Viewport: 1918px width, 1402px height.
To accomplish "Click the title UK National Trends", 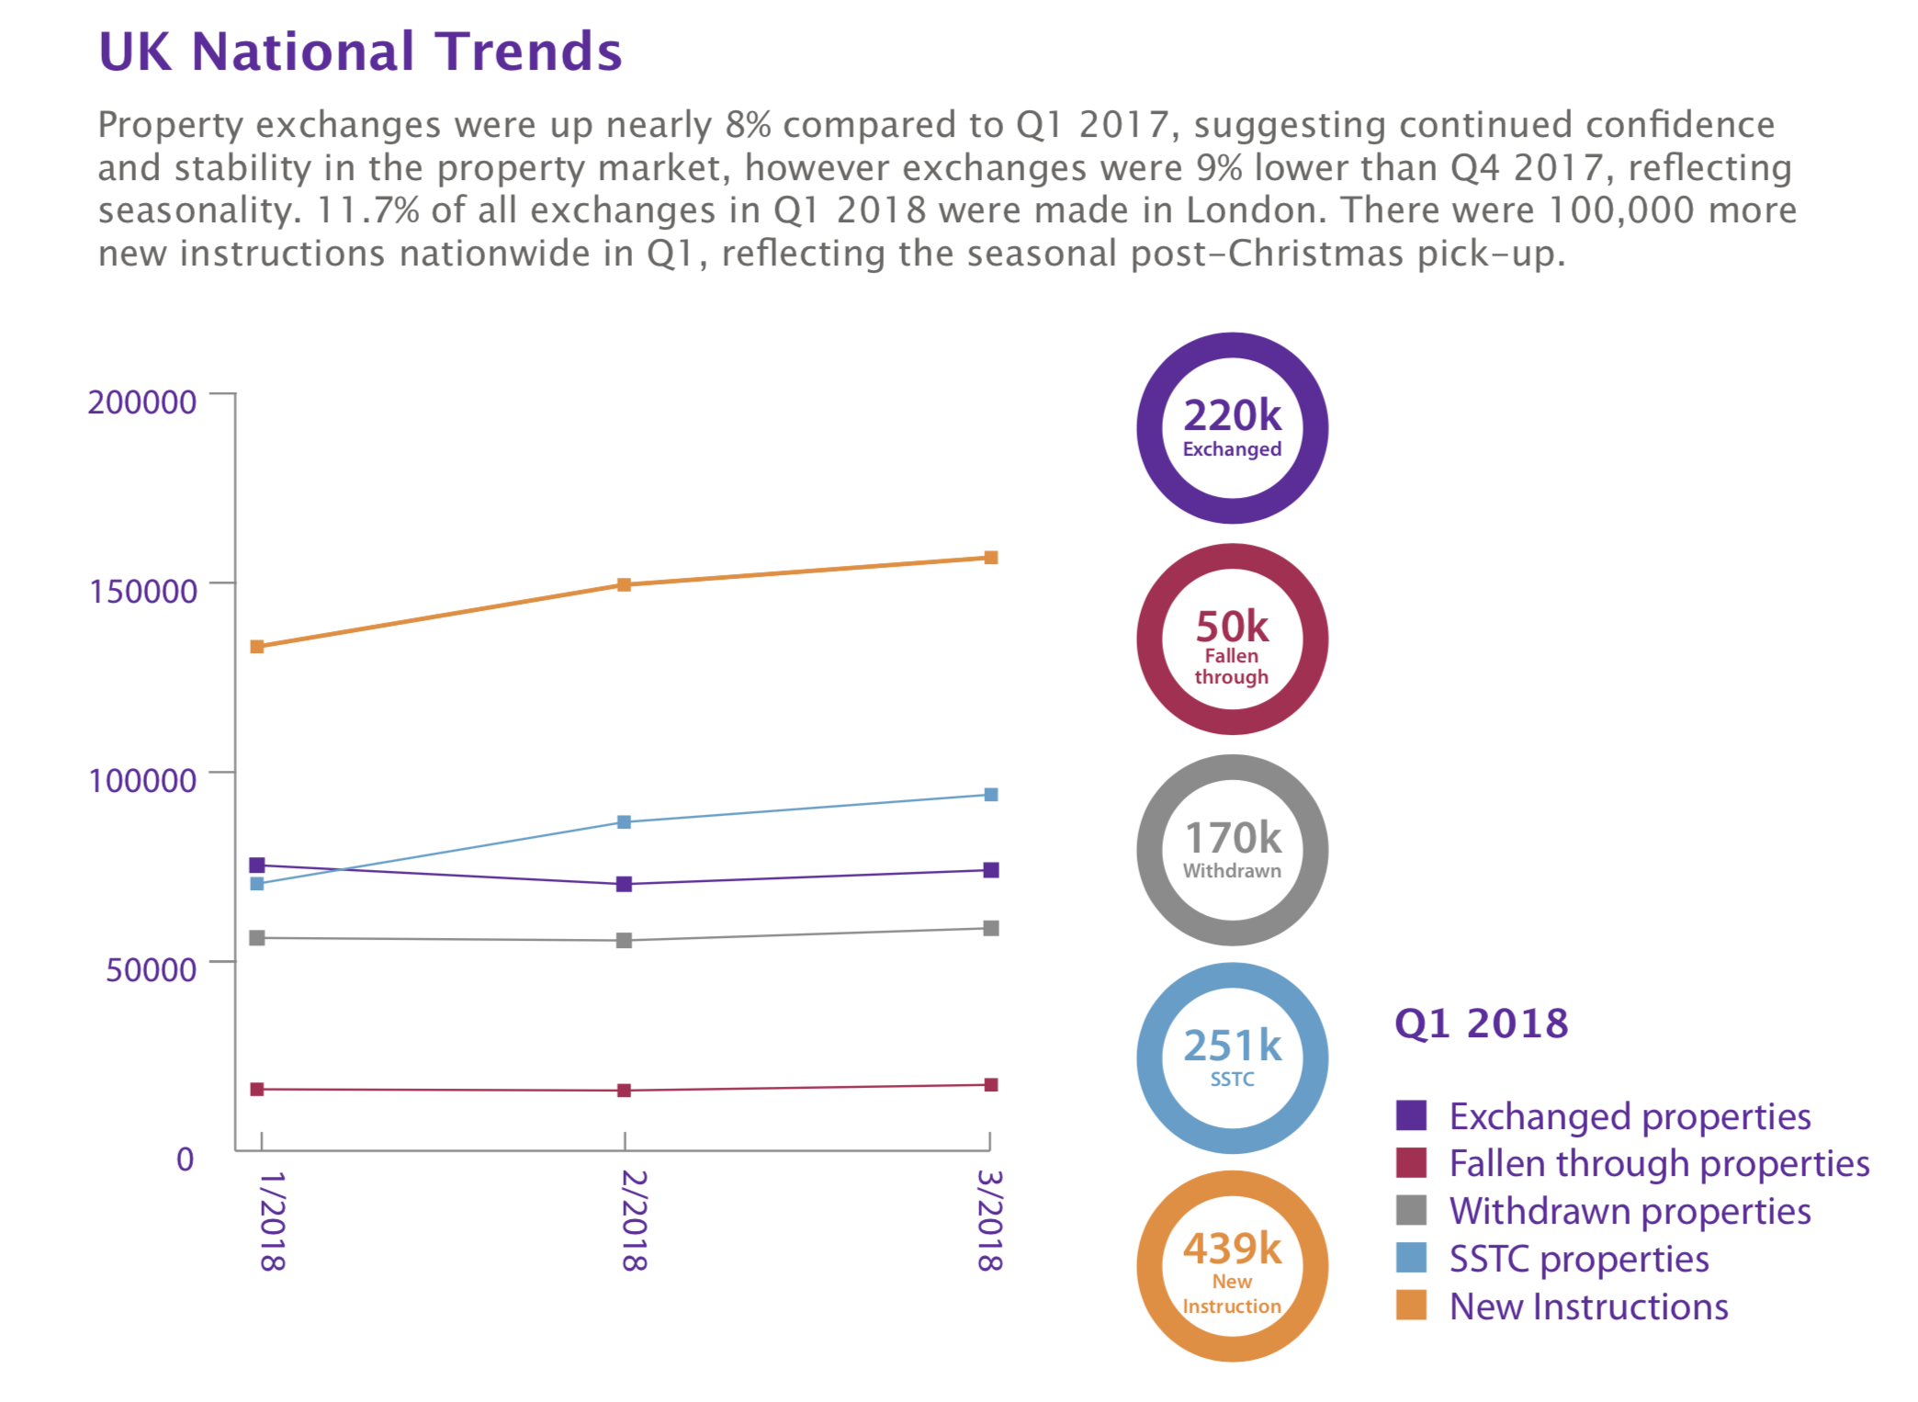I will tap(360, 51).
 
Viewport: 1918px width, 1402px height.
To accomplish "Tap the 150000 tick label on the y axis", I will tap(142, 591).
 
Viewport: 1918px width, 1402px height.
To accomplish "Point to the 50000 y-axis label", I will tap(151, 969).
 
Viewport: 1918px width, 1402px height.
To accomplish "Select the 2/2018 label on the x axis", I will tap(634, 1220).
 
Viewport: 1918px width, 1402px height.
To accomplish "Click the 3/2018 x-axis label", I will tap(989, 1220).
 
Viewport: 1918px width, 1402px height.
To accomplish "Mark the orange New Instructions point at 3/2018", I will tap(991, 558).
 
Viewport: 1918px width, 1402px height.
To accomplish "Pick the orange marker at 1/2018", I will tap(257, 647).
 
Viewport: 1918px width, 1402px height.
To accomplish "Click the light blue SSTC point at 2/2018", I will tap(624, 822).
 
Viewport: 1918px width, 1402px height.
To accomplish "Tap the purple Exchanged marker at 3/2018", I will tap(991, 870).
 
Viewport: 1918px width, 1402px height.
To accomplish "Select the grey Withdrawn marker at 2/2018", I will tap(624, 941).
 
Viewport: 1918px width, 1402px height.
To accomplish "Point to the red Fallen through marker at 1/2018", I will tap(257, 1090).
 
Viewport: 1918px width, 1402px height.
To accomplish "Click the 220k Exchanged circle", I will tap(1232, 428).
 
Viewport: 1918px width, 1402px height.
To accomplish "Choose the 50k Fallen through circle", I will tap(1232, 639).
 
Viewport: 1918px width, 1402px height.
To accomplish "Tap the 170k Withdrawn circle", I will tap(1232, 850).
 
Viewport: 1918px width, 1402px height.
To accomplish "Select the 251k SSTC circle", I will tap(1232, 1058).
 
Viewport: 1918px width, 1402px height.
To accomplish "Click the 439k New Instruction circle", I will tap(1232, 1266).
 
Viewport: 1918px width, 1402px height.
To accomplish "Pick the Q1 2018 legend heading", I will tap(1481, 1023).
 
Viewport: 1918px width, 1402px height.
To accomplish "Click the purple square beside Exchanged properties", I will tap(1411, 1115).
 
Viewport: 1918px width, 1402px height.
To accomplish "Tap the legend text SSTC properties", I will tap(1578, 1259).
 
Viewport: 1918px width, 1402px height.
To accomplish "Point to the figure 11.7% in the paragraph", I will tap(367, 210).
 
